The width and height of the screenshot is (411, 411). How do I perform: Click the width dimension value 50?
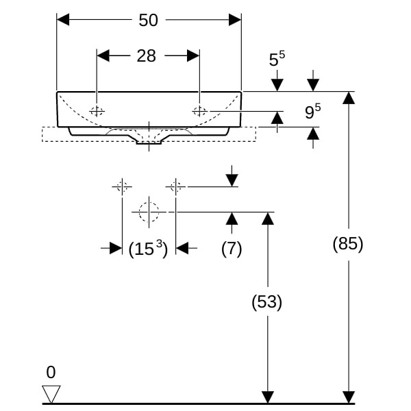coord(148,21)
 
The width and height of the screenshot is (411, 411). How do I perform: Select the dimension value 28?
coord(147,56)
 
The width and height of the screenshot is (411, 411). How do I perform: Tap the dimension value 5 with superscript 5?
coord(277,60)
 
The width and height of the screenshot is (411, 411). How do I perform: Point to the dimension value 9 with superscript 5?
coord(312,112)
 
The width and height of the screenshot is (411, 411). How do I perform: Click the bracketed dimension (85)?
coord(347,244)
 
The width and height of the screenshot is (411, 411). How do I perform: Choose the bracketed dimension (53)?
coord(266,302)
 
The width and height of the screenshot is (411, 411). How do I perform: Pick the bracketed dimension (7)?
coord(232,249)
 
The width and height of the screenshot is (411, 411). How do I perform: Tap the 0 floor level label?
coord(51,373)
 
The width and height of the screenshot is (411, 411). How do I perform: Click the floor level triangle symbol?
coord(51,393)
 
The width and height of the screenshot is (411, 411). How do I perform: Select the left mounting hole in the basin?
coord(97,111)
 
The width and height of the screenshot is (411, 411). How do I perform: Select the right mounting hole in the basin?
coord(199,111)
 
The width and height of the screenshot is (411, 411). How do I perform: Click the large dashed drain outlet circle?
coord(149,212)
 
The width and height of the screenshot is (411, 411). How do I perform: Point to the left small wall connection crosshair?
coord(122,186)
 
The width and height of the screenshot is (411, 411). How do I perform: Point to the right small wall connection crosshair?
coord(175,186)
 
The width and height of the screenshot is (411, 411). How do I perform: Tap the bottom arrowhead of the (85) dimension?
coord(349,397)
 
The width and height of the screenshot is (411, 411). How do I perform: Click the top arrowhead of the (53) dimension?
coord(267,219)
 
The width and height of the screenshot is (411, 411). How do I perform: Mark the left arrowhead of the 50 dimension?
coord(63,20)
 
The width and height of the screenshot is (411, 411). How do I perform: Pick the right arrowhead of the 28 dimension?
coord(193,55)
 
